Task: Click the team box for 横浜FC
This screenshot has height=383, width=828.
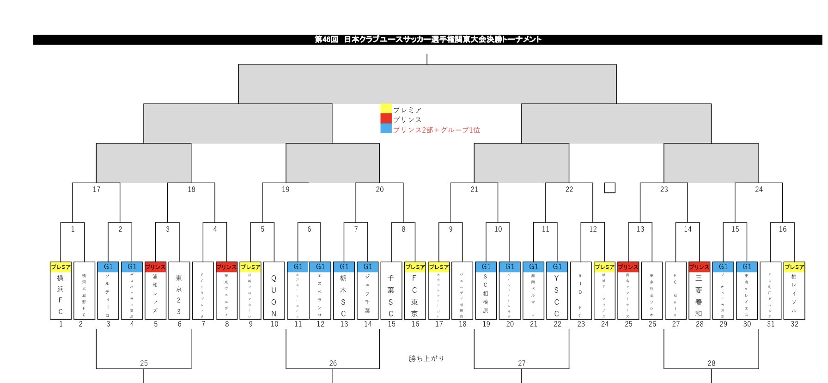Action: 61,295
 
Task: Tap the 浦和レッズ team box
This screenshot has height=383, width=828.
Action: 155,295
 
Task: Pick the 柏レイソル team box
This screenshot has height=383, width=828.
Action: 794,295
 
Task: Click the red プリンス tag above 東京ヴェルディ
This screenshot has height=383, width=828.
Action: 226,267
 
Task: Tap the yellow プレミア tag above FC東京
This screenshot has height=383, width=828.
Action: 415,267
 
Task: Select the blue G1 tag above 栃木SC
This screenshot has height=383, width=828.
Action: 344,267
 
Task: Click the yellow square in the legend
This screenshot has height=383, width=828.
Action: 386,109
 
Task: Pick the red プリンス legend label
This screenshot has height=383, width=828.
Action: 407,120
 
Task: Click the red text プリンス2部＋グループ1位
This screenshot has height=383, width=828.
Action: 437,130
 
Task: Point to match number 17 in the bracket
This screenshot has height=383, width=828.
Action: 97,189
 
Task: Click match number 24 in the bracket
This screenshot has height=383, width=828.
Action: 759,189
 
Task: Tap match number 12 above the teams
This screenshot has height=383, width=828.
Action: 593,229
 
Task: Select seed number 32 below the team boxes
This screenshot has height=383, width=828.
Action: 794,324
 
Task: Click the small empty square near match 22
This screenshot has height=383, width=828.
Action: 610,188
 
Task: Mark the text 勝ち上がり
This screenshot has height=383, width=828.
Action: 426,358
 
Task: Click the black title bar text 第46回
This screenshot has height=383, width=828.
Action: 326,40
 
